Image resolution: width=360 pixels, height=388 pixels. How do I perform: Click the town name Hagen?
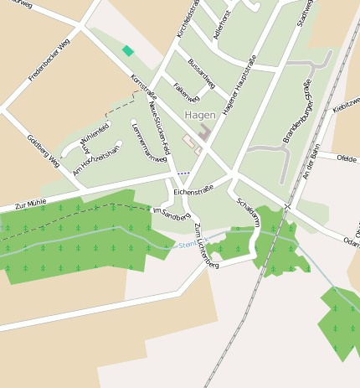tap(201, 115)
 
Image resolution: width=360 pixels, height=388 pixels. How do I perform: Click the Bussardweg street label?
tap(202, 73)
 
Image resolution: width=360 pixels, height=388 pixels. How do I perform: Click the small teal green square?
tap(127, 51)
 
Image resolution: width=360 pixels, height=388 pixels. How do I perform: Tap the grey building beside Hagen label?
tap(204, 133)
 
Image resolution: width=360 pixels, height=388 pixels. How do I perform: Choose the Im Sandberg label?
tap(171, 214)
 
